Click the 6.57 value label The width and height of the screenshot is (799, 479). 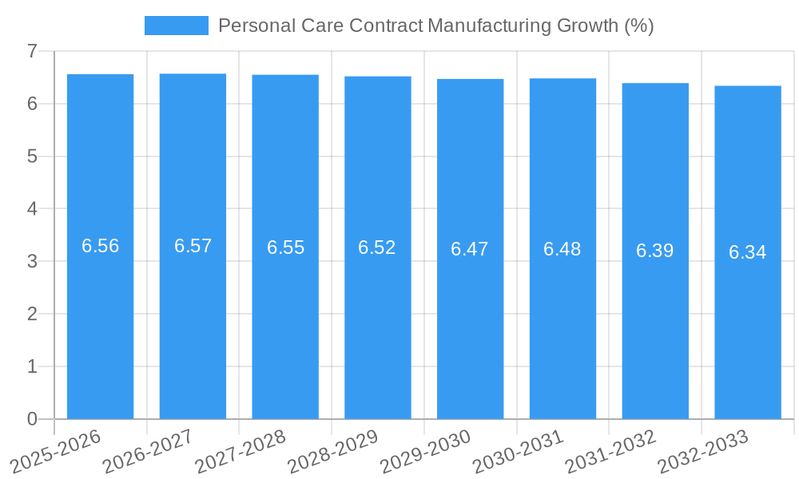pyautogui.click(x=193, y=246)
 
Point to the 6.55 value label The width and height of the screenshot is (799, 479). pyautogui.click(x=285, y=247)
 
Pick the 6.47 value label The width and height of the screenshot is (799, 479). pyautogui.click(x=470, y=249)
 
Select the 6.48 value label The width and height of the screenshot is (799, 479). pyautogui.click(x=562, y=249)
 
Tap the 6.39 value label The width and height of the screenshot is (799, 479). pyautogui.click(x=655, y=251)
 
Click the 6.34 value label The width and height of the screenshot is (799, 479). pyautogui.click(x=748, y=252)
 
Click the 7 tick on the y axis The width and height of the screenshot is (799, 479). pyautogui.click(x=33, y=51)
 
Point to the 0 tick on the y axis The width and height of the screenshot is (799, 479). pyautogui.click(x=33, y=419)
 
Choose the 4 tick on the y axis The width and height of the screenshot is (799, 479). pyautogui.click(x=33, y=209)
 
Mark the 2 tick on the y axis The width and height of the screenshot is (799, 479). pyautogui.click(x=33, y=314)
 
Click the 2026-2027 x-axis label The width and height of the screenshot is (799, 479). pyautogui.click(x=147, y=451)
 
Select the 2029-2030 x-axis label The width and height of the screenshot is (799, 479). pyautogui.click(x=425, y=451)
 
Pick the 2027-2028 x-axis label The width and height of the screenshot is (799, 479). pyautogui.click(x=240, y=451)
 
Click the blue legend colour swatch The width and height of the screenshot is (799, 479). pyautogui.click(x=176, y=26)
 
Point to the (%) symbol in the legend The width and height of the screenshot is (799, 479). pyautogui.click(x=638, y=26)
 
